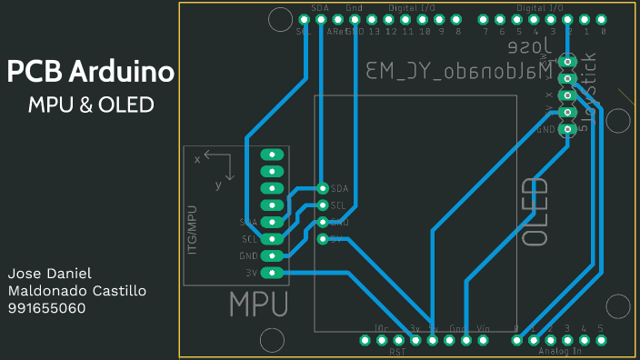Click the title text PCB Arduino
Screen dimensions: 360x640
[91, 73]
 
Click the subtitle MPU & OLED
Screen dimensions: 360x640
[91, 105]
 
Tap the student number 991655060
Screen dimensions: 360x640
[46, 308]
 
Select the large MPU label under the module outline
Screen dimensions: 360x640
[258, 304]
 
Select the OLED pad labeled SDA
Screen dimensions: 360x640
[323, 188]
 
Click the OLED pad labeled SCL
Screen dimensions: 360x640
[323, 205]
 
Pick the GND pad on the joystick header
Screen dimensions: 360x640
[568, 129]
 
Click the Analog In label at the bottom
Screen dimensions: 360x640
[558, 351]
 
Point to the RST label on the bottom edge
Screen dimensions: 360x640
[397, 351]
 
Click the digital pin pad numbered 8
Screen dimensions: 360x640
[457, 18]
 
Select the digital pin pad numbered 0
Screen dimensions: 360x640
[602, 18]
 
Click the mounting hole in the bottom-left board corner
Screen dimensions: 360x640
[271, 340]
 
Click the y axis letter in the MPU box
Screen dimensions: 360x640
[218, 185]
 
